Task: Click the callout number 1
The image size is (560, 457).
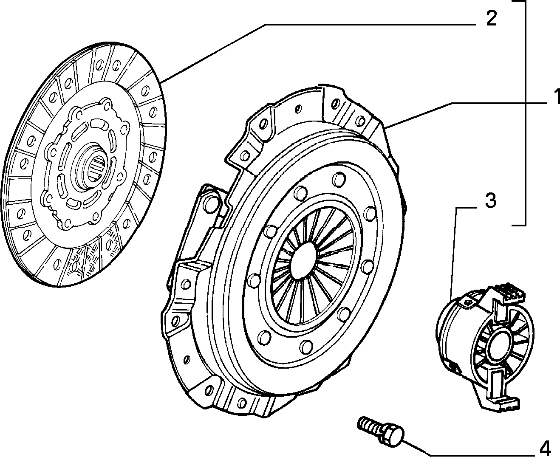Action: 555,97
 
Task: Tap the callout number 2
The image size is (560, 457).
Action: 491,18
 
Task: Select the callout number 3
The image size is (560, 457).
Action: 490,200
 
